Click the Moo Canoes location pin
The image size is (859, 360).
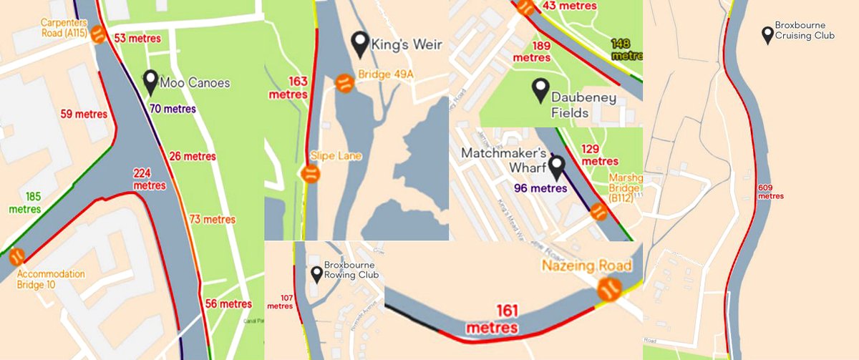150,82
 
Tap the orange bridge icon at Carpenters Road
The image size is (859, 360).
99,34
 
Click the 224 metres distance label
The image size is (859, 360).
148,180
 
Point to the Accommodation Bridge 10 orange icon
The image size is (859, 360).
17,256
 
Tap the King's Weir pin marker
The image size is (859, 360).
360,44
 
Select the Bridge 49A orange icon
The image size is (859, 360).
344,82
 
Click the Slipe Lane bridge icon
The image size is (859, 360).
310,174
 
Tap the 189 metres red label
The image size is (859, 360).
532,52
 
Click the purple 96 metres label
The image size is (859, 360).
540,189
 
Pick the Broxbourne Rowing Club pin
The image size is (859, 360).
316,274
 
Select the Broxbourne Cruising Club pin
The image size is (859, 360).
767,34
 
